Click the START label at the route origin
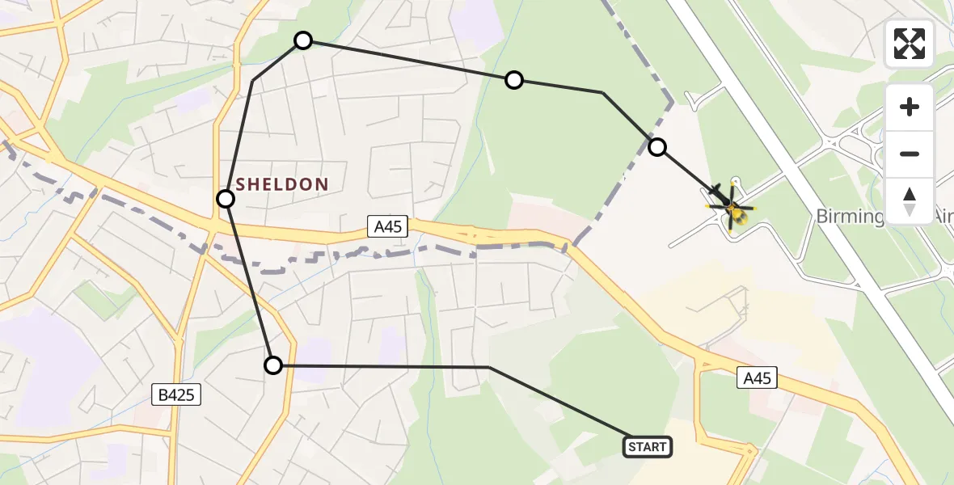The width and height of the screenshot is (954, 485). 648,447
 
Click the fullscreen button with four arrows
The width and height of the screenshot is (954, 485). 910,44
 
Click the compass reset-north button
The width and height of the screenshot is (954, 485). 910,201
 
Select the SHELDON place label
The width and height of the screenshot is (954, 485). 282,185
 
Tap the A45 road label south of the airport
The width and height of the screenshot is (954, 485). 757,377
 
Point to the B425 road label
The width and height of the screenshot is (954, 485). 175,394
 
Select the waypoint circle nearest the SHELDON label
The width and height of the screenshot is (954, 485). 226,199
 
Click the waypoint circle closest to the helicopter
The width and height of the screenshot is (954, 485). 657,147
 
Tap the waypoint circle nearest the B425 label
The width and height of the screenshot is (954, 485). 273,365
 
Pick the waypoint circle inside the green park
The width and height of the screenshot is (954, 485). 514,80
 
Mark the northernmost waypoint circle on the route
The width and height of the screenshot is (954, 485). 302,40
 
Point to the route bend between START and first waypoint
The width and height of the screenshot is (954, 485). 489,368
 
